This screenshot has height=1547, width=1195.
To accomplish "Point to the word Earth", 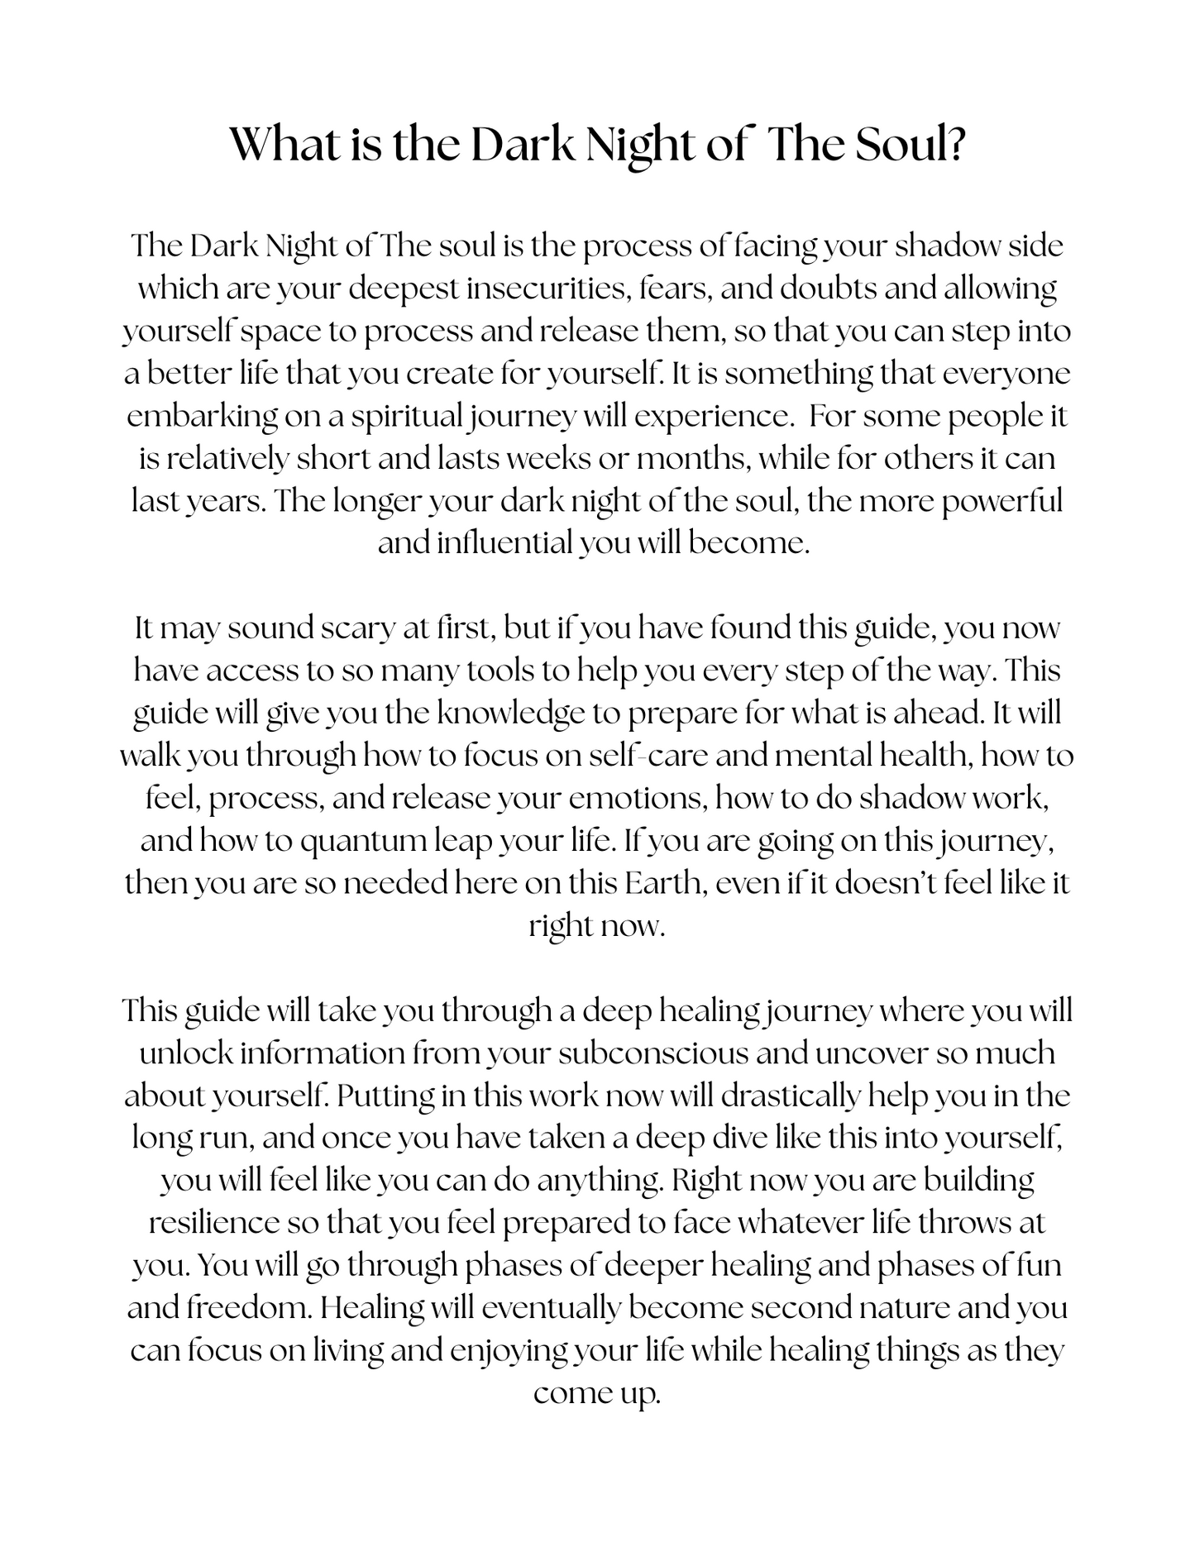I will point(664,883).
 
